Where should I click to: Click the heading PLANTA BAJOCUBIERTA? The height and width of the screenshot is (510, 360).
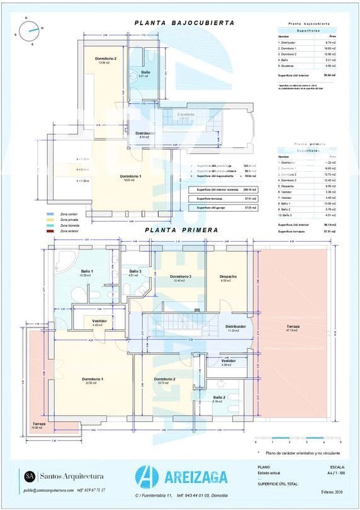pos(184,23)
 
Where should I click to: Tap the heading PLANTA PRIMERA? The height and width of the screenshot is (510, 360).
pos(181,230)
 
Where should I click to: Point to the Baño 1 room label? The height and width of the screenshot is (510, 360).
pos(86,271)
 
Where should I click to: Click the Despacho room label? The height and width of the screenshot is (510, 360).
pos(228,276)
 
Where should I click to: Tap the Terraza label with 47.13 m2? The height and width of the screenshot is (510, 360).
pos(293,327)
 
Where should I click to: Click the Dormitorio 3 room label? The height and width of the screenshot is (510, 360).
pos(181,276)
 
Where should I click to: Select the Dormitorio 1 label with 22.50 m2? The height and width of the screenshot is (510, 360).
pos(93,380)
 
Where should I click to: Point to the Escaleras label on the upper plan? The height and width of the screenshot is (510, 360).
pos(186,115)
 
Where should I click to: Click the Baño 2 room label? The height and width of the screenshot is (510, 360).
pos(219,398)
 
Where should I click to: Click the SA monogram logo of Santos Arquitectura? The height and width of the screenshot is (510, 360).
pos(29,475)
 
